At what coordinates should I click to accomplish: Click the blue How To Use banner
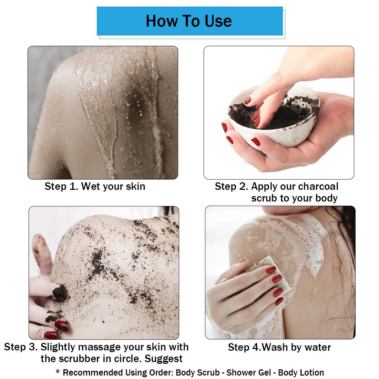[189, 21]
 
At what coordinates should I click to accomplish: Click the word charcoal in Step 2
[318, 186]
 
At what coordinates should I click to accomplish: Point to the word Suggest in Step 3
[163, 359]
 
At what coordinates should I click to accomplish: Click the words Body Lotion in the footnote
[301, 373]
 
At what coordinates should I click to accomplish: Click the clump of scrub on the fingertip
[59, 291]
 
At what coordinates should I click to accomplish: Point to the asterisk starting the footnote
[58, 372]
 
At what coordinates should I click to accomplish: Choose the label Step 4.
[244, 347]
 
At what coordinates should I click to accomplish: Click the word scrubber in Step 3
[79, 359]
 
